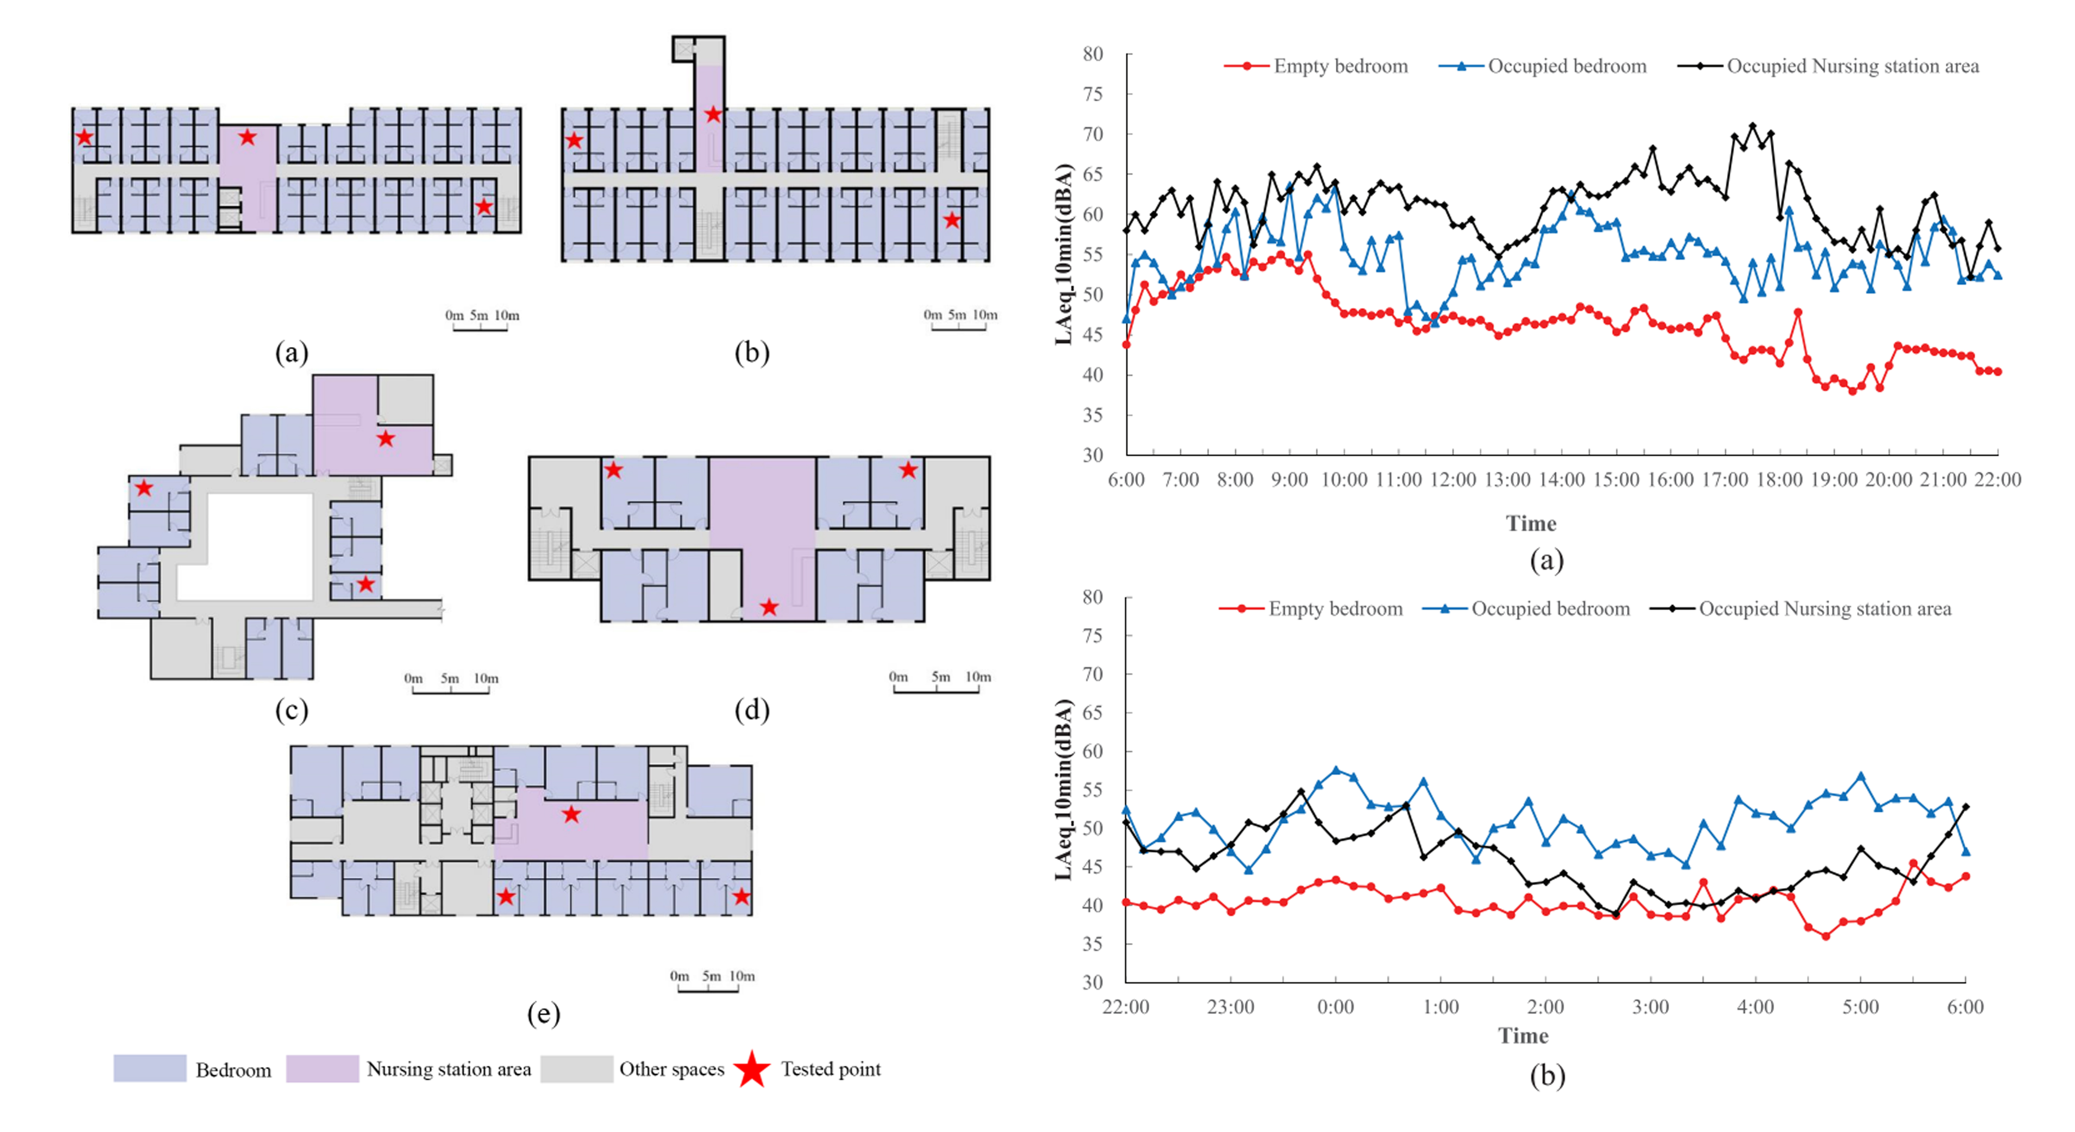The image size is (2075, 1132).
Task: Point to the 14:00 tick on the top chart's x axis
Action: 1561,480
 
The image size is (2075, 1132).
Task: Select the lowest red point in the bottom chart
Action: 1825,936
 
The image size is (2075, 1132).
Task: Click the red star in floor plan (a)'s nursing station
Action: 247,137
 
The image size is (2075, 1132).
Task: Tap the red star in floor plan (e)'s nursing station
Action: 571,815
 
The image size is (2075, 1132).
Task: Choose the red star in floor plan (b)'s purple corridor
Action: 713,114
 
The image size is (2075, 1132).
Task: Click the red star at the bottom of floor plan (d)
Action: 769,607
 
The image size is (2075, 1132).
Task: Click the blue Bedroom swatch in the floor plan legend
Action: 150,1068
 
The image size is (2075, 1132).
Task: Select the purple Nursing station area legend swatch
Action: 322,1068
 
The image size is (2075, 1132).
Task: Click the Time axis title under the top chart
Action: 1530,524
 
